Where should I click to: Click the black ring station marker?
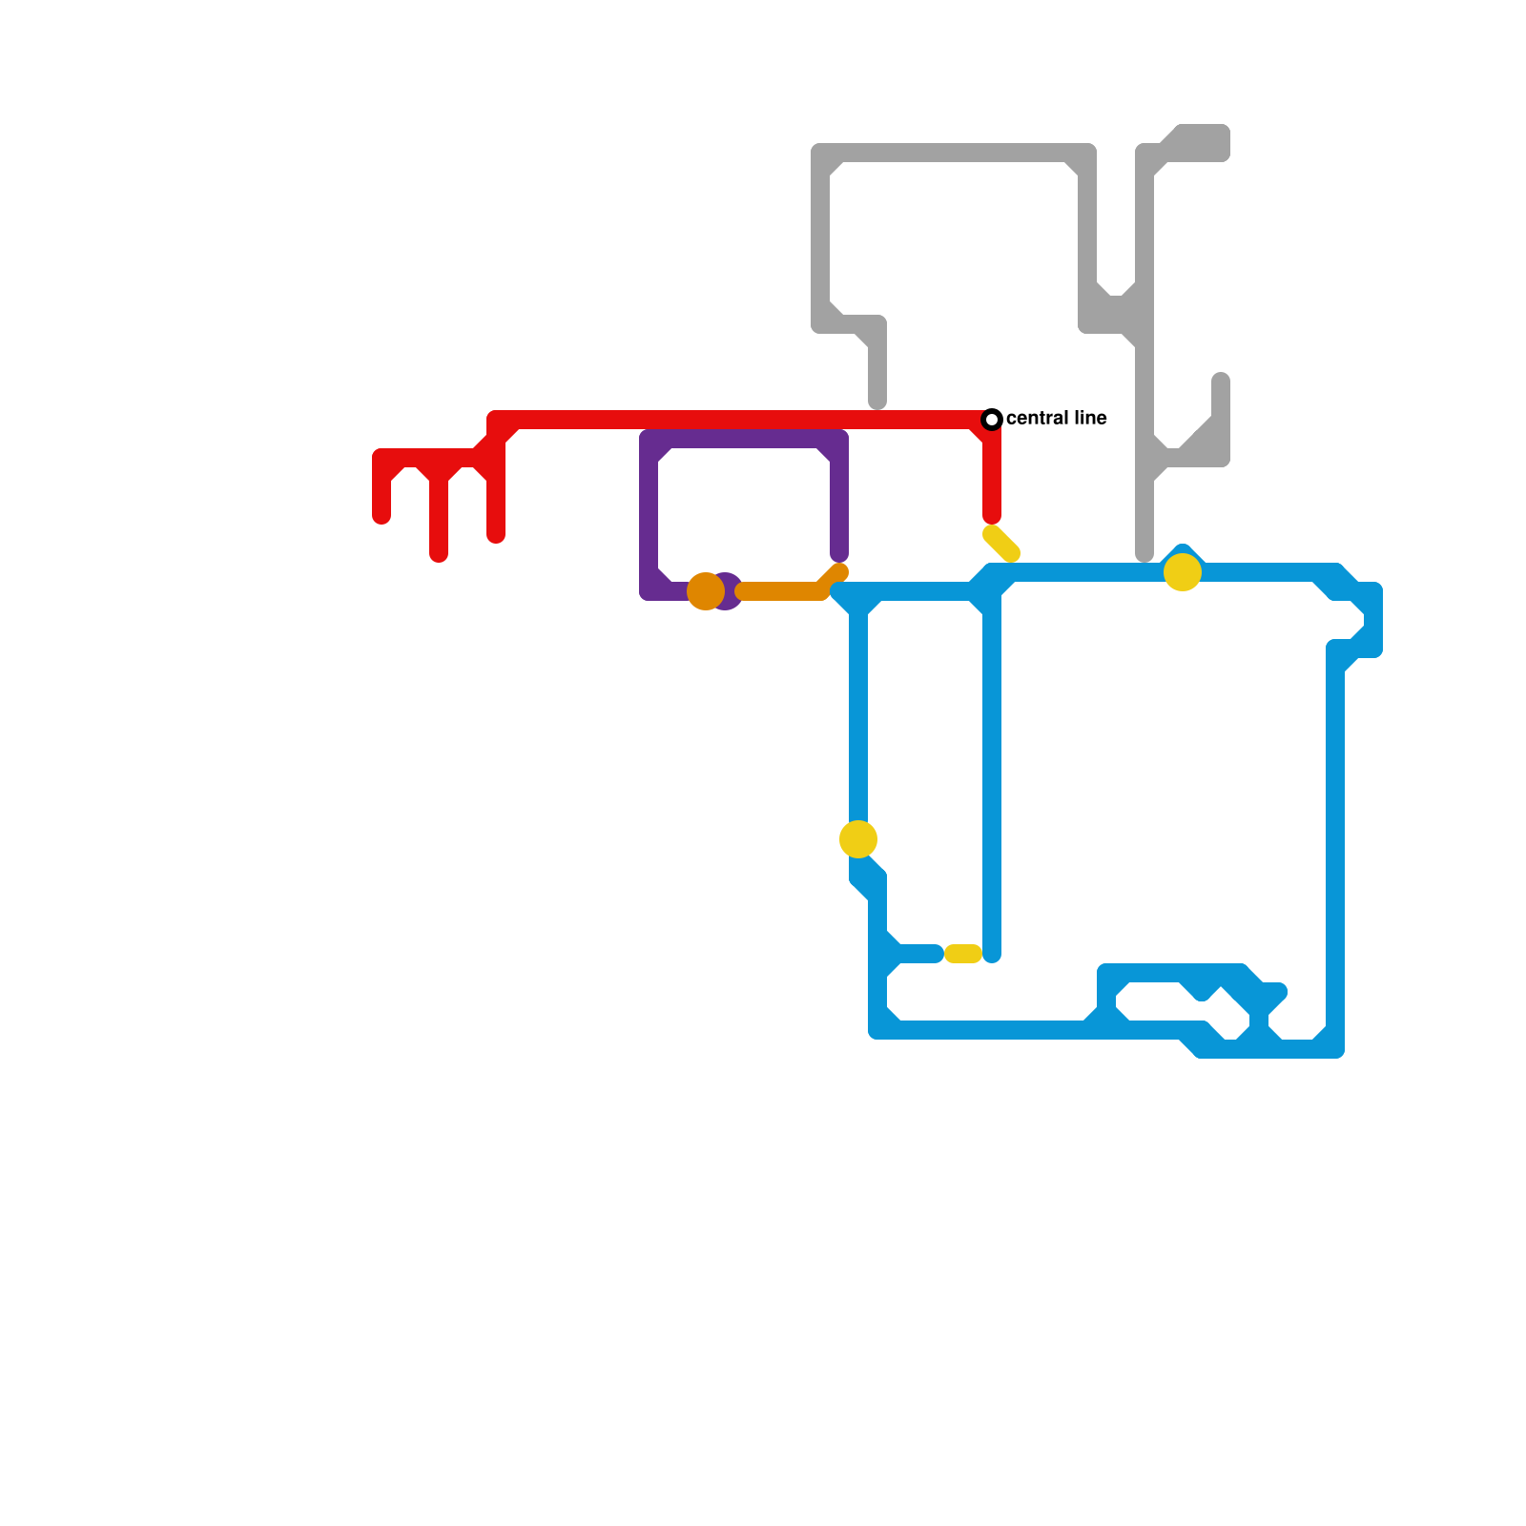point(992,419)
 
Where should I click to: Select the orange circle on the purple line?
point(706,591)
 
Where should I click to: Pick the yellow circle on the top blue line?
point(1183,572)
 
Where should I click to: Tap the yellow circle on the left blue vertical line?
point(858,839)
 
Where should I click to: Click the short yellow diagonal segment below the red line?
point(1001,544)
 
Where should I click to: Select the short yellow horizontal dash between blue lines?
point(963,954)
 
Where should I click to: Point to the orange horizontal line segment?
point(782,591)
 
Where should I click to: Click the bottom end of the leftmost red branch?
point(381,517)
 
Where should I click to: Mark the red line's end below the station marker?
point(992,517)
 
